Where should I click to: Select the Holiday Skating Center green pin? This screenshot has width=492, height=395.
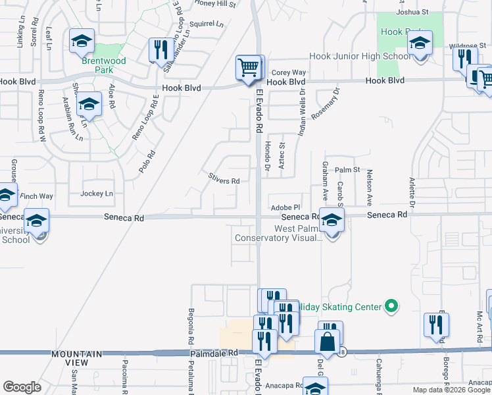391,306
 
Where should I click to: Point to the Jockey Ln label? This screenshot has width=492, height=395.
97,194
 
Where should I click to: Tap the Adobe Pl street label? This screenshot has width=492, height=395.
285,207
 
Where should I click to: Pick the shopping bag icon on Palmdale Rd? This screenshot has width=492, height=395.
327,342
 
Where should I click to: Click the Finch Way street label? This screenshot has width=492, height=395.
37,196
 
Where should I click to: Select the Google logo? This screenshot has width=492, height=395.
22,386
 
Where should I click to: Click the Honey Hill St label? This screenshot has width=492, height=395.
216,4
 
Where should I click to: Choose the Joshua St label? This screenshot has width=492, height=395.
412,12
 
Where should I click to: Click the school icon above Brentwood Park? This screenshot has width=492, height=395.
82,41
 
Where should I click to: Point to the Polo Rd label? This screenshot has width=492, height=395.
147,162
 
